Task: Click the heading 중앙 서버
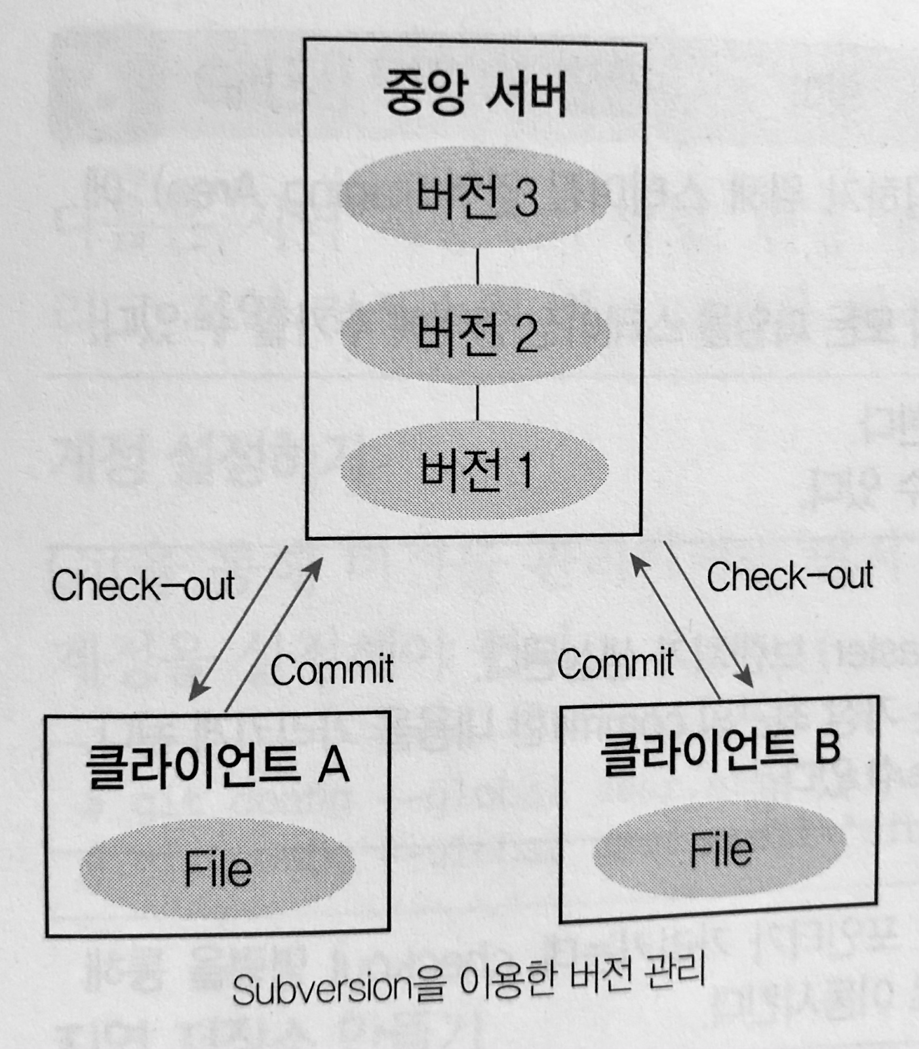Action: pyautogui.click(x=475, y=94)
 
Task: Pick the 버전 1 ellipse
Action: pyautogui.click(x=475, y=470)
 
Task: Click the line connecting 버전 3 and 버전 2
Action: pyautogui.click(x=477, y=266)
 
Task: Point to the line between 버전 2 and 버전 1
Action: pyautogui.click(x=477, y=402)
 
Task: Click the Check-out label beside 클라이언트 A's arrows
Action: pyautogui.click(x=143, y=585)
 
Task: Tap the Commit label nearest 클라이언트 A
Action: pyautogui.click(x=332, y=669)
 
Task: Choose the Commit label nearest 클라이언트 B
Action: pyautogui.click(x=615, y=663)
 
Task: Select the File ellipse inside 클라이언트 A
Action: pyautogui.click(x=218, y=869)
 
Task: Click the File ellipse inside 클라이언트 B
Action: pyautogui.click(x=720, y=849)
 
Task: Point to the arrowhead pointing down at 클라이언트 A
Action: pyautogui.click(x=197, y=692)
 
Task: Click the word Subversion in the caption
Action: pyautogui.click(x=321, y=989)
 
